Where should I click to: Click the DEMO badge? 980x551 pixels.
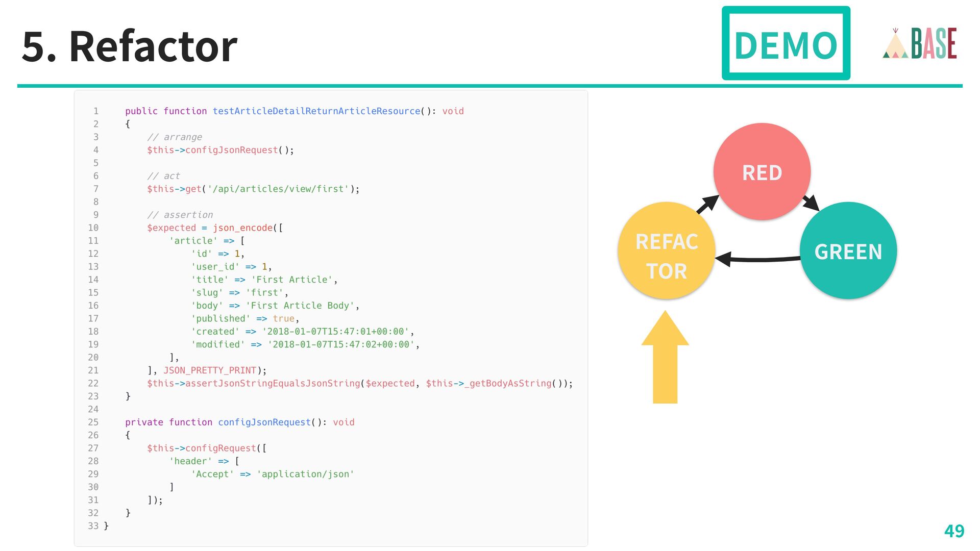tap(786, 43)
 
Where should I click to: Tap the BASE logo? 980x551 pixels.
tap(920, 44)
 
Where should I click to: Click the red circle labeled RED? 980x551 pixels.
tap(762, 172)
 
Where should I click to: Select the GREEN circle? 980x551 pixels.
tap(848, 251)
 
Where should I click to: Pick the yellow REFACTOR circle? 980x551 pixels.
tap(666, 251)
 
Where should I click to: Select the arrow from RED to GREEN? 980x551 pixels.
tap(811, 203)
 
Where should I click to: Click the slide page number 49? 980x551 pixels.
tap(953, 531)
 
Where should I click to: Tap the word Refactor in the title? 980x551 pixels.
tap(153, 46)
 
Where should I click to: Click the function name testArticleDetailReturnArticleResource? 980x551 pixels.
tap(316, 111)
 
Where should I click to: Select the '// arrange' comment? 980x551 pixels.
tap(175, 137)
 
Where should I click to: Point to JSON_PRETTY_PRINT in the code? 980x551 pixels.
tap(209, 370)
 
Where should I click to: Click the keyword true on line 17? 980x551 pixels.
tap(283, 319)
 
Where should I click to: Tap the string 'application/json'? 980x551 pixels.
tap(305, 474)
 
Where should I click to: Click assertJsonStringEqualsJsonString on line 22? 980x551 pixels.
tap(273, 384)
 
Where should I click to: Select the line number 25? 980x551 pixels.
tap(93, 422)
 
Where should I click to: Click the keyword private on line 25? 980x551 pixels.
tap(144, 422)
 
